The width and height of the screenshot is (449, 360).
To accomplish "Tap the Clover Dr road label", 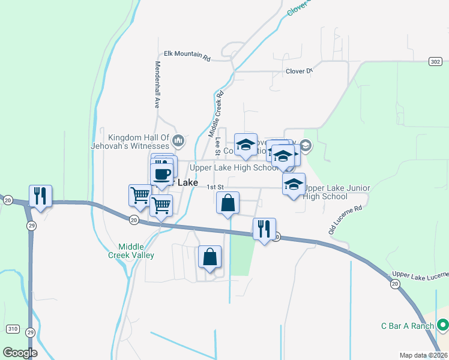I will coord(300,71).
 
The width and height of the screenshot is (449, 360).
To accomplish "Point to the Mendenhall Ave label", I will coord(158,84).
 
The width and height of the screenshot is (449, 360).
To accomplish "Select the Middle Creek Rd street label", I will coord(215,112).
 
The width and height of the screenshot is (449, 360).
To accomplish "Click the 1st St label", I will coord(215,187).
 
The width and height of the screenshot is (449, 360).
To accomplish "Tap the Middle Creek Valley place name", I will coord(136,251).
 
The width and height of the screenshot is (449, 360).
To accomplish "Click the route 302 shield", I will coord(436,61).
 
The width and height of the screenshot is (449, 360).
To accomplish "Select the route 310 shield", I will coord(13,329).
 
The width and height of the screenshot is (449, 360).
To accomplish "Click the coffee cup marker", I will coord(162,174).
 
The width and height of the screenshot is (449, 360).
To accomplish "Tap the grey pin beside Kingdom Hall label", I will coord(178,141).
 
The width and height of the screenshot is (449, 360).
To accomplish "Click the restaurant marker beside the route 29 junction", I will coord(40,196).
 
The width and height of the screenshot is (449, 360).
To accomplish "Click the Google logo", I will coord(20,353).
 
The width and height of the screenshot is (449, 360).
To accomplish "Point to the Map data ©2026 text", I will coord(423,355).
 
